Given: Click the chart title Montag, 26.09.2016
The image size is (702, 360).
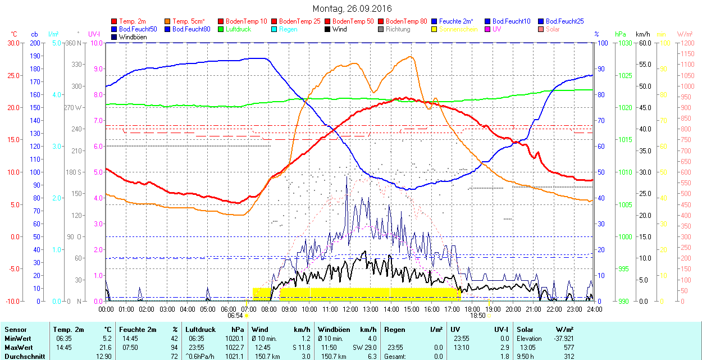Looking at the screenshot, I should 352,9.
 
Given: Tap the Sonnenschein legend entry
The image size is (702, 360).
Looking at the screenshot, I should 458,29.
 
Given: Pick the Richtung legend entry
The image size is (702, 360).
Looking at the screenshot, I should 398,29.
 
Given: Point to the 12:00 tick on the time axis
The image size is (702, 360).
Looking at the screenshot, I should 350,309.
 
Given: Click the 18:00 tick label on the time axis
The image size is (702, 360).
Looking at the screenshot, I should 472,309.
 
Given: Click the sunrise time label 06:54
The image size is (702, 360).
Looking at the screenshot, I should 235,316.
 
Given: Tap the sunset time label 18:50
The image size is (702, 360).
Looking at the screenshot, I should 477,316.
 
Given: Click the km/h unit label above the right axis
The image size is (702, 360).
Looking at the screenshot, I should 642,34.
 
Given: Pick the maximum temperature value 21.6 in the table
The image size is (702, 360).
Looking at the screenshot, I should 106,348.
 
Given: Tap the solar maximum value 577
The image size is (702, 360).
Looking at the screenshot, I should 569,348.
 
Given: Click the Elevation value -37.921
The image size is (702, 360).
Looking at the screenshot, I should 561,339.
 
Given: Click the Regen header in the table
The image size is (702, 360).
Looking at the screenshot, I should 394,330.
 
